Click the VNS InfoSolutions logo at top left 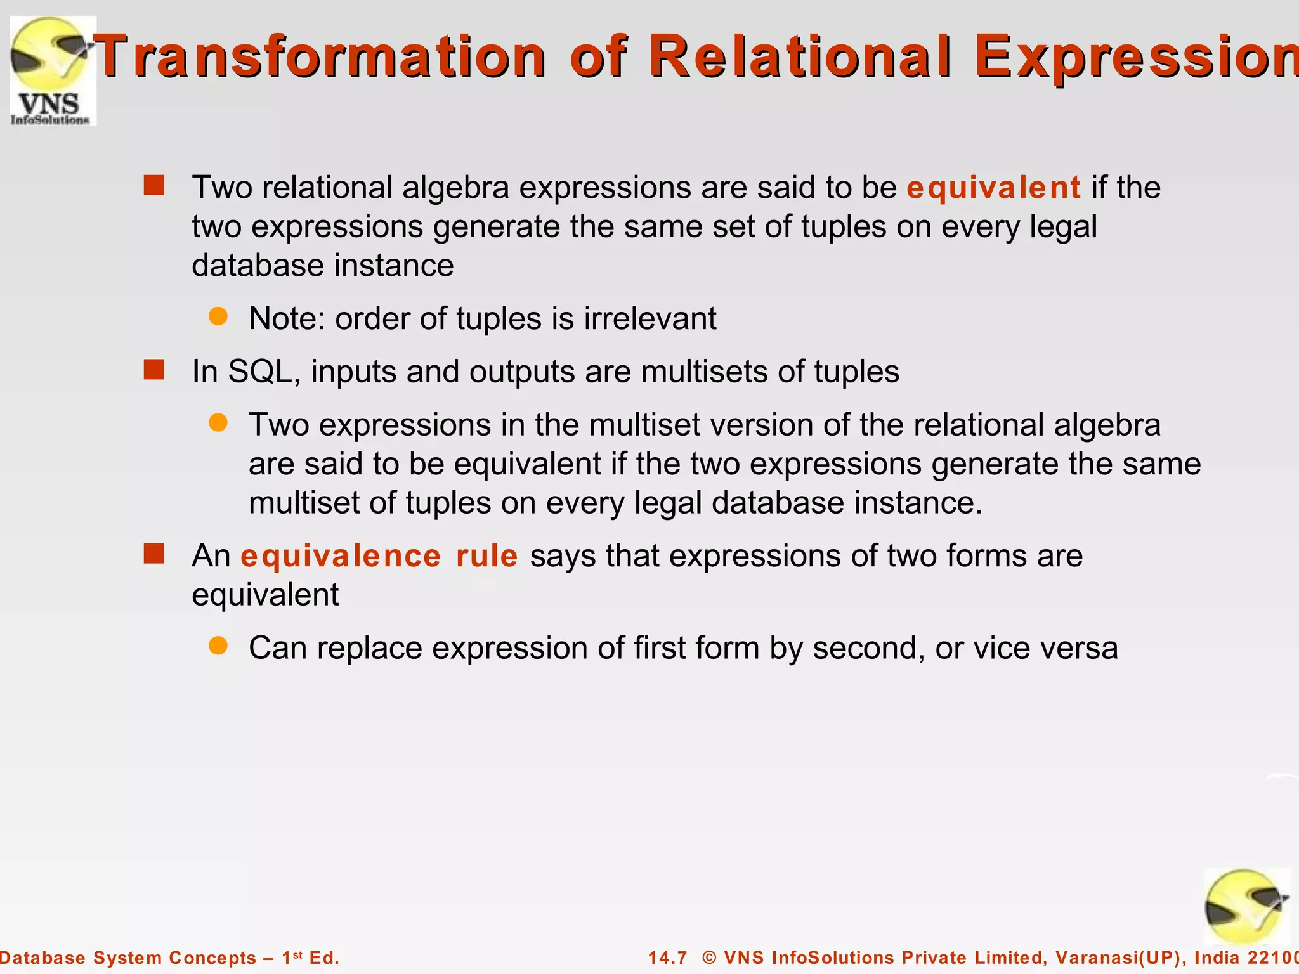(x=53, y=70)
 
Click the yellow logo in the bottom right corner (x=1246, y=907)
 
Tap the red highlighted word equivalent (x=993, y=188)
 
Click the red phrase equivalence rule (x=379, y=556)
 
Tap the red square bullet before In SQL (x=154, y=369)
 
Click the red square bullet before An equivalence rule (x=154, y=554)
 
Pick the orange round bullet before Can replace (x=218, y=646)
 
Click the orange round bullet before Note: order (x=218, y=316)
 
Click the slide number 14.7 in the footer (x=667, y=958)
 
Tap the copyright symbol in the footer (x=709, y=958)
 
